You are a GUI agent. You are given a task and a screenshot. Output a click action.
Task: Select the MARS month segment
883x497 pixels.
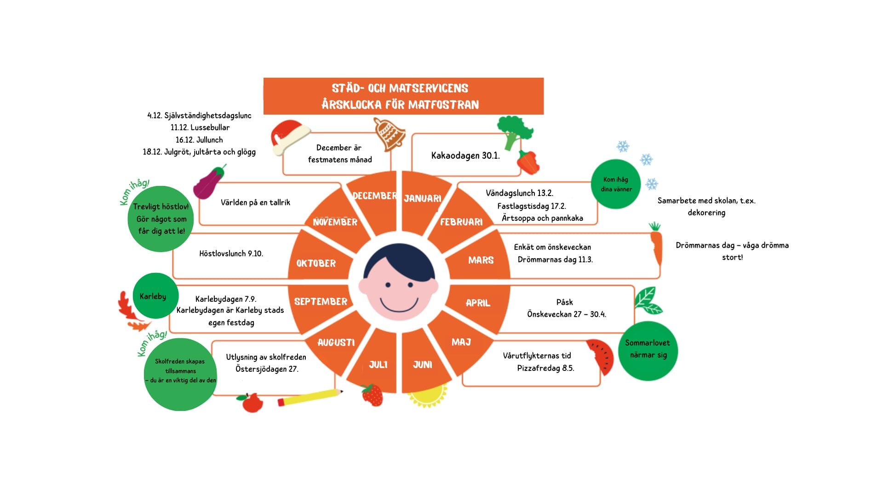coord(481,260)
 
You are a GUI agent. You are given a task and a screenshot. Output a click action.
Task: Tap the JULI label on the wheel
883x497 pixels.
coord(378,365)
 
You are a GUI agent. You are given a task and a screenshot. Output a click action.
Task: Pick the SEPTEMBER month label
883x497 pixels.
coord(321,302)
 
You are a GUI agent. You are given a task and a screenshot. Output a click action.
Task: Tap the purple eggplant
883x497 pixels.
coord(209,182)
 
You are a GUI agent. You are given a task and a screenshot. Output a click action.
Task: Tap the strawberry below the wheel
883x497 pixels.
coord(372,395)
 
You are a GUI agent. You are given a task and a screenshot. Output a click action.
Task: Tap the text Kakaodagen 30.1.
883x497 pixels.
coord(465,156)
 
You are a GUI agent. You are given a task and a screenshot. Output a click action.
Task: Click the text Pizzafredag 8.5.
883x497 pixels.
coord(545,368)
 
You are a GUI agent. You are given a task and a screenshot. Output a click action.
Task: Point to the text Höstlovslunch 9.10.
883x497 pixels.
coord(231,254)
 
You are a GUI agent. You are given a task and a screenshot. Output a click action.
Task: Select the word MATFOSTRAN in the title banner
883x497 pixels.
coord(443,105)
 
